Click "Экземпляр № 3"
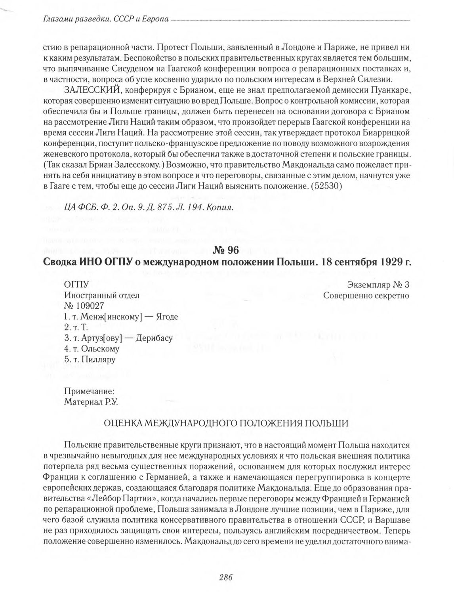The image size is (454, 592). (x=378, y=285)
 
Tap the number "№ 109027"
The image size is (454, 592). (x=84, y=306)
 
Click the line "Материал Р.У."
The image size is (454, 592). (x=92, y=401)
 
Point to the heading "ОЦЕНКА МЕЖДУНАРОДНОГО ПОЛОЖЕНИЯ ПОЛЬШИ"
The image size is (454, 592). (x=226, y=423)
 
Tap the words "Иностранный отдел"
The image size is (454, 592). (x=101, y=295)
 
